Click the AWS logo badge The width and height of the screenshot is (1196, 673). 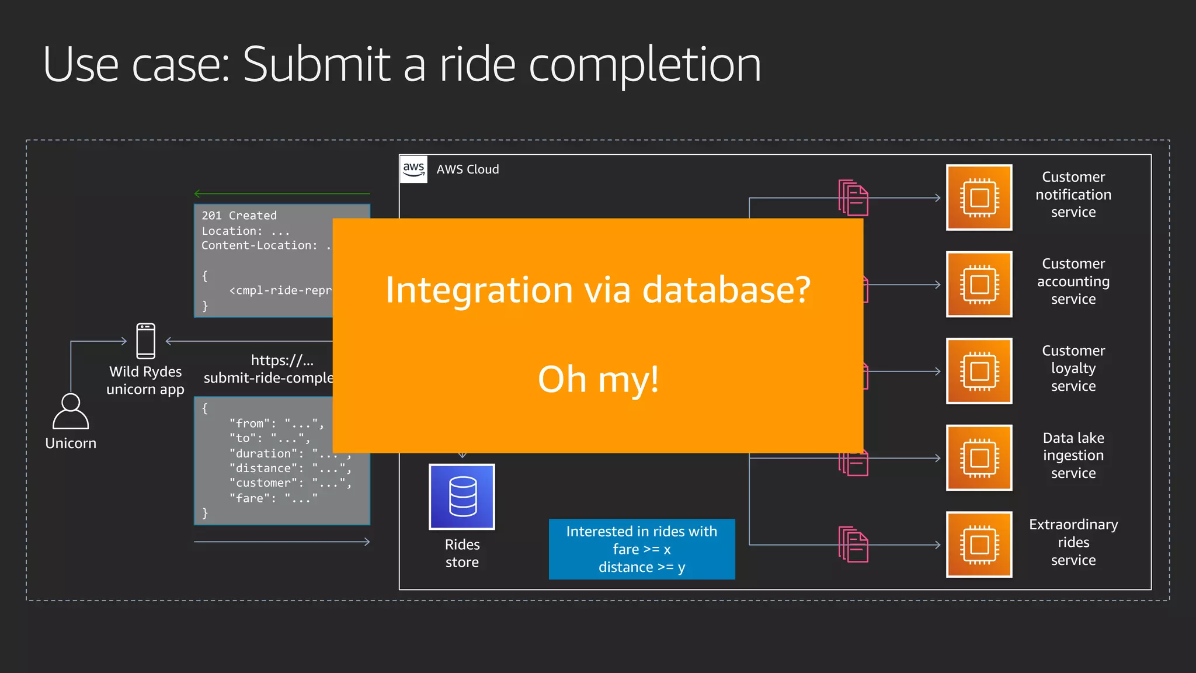pos(414,169)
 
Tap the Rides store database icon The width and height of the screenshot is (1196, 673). pos(462,497)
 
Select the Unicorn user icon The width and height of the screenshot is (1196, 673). pos(71,412)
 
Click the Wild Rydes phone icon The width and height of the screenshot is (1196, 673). pos(146,341)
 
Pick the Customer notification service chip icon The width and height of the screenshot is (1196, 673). pos(979,198)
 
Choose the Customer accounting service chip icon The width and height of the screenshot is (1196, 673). pos(979,285)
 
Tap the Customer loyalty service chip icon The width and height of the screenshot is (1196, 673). pos(979,371)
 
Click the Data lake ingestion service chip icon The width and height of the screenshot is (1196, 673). pos(979,458)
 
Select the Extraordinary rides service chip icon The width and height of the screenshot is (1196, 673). pos(979,544)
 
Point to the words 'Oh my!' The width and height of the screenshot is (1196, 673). pos(599,379)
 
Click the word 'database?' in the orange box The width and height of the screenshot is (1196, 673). pos(726,290)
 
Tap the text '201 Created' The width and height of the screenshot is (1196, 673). pos(239,216)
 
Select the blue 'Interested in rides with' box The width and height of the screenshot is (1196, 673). pos(642,549)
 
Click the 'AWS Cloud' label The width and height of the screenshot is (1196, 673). pos(468,169)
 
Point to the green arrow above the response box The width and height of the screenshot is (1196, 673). pos(282,193)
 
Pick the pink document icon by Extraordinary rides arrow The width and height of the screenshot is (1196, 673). pos(854,544)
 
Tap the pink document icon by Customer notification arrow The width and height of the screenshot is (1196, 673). pos(854,198)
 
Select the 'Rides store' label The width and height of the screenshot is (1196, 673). pos(462,553)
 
